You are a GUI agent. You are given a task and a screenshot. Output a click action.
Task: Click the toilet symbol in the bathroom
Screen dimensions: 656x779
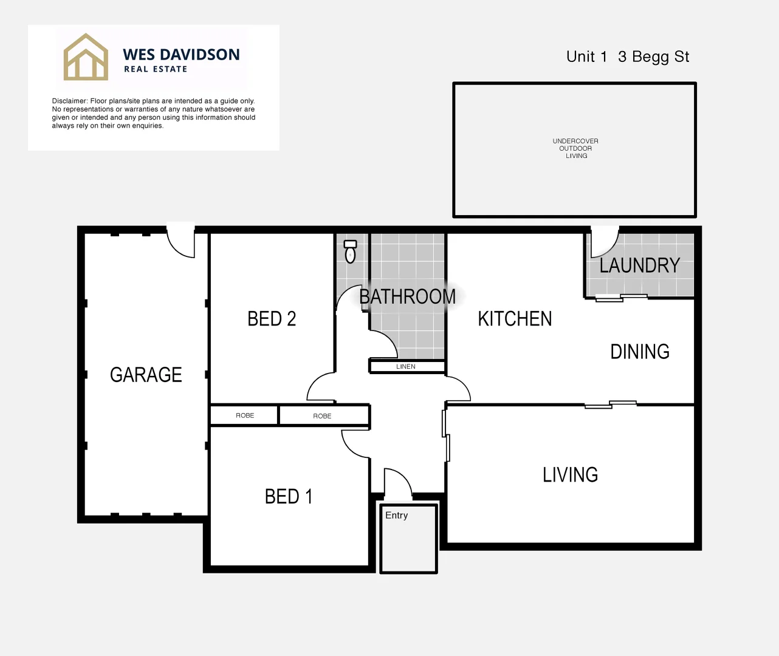pyautogui.click(x=350, y=251)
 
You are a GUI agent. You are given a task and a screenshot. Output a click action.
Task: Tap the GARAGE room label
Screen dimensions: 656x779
pyautogui.click(x=146, y=375)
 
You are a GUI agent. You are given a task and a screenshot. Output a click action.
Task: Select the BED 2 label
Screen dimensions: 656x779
pyautogui.click(x=272, y=319)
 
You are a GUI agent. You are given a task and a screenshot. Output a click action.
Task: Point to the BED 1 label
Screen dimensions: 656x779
pyautogui.click(x=289, y=497)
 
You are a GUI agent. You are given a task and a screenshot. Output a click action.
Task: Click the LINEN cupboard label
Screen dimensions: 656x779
pyautogui.click(x=406, y=367)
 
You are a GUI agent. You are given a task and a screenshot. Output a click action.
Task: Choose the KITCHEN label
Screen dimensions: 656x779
pyautogui.click(x=515, y=319)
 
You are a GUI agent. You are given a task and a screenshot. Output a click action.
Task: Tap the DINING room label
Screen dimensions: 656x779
pyautogui.click(x=640, y=352)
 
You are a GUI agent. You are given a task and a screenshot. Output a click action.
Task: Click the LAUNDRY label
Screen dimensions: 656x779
pyautogui.click(x=639, y=265)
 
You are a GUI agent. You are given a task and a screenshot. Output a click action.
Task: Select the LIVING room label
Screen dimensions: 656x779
pyautogui.click(x=570, y=475)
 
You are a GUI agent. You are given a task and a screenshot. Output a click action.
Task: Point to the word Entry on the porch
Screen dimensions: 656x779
pyautogui.click(x=396, y=515)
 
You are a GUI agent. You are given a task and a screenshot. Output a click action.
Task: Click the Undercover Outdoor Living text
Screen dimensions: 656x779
pyautogui.click(x=575, y=148)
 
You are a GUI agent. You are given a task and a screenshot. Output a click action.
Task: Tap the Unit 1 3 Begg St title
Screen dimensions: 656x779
pyautogui.click(x=628, y=56)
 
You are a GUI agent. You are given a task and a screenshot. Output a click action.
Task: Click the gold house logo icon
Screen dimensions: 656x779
pyautogui.click(x=86, y=57)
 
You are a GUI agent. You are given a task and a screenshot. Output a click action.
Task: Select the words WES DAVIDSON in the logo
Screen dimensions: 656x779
pyautogui.click(x=181, y=55)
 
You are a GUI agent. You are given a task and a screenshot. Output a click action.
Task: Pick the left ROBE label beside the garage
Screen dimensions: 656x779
pyautogui.click(x=245, y=415)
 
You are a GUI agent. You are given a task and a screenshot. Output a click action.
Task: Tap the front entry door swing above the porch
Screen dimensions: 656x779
pyautogui.click(x=398, y=482)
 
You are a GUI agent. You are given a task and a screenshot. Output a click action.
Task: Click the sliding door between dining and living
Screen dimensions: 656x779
pyautogui.click(x=610, y=405)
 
